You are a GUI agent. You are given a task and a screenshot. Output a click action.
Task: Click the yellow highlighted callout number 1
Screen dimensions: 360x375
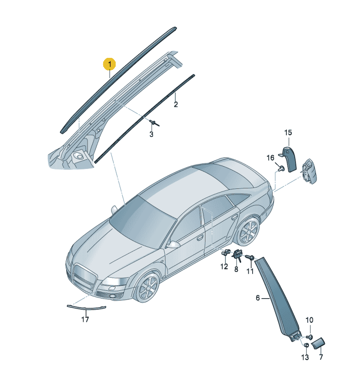pyautogui.click(x=110, y=64)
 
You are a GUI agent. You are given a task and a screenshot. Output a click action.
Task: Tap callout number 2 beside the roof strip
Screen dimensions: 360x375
pyautogui.click(x=176, y=105)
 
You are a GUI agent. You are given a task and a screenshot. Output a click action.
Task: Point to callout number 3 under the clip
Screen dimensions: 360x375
pyautogui.click(x=151, y=134)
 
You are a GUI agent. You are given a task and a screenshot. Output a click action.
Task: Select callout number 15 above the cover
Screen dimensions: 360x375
pyautogui.click(x=288, y=132)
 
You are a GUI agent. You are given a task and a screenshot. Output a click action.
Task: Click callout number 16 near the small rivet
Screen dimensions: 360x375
pyautogui.click(x=270, y=158)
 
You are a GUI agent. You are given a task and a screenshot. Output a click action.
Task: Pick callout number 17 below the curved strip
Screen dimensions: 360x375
pyautogui.click(x=85, y=319)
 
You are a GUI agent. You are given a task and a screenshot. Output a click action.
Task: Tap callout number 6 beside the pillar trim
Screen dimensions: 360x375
pyautogui.click(x=258, y=298)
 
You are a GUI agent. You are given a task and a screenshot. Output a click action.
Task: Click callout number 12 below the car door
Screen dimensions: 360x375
pyautogui.click(x=224, y=266)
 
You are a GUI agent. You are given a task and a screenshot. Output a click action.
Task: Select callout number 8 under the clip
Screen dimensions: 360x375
pyautogui.click(x=236, y=269)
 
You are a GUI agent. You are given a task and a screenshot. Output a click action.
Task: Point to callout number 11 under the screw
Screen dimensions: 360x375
pyautogui.click(x=250, y=271)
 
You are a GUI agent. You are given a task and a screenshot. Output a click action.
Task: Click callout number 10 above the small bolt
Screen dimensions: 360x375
pyautogui.click(x=309, y=320)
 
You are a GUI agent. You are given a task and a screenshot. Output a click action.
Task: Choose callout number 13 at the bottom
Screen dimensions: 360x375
pyautogui.click(x=305, y=357)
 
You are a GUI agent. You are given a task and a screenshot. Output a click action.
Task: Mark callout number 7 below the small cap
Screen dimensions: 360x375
pyautogui.click(x=321, y=357)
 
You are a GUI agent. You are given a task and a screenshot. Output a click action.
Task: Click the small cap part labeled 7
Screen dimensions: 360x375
pyautogui.click(x=318, y=343)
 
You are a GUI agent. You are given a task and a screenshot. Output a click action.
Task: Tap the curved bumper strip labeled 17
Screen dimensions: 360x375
pyautogui.click(x=86, y=307)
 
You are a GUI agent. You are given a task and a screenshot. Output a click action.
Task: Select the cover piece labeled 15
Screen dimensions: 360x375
pyautogui.click(x=290, y=159)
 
